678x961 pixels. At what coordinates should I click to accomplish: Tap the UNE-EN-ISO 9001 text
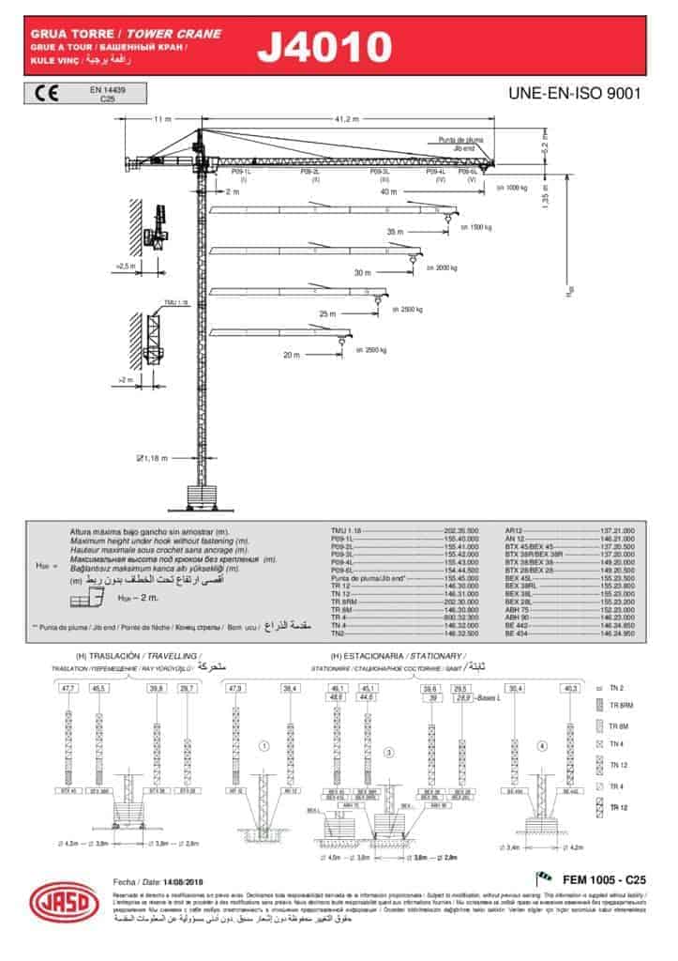[573, 94]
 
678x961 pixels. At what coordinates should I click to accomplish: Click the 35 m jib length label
[394, 231]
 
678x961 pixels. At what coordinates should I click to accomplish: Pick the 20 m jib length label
[291, 355]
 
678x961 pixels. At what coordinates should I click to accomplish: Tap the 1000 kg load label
[512, 188]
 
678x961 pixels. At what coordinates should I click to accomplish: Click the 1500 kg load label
[476, 227]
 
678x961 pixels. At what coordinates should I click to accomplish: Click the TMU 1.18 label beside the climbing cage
[175, 303]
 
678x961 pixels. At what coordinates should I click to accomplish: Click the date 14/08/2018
[184, 883]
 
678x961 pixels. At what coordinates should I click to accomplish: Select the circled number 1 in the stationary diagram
[264, 747]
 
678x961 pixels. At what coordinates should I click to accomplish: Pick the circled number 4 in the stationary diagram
[541, 747]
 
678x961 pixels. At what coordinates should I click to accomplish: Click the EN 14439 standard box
[108, 92]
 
